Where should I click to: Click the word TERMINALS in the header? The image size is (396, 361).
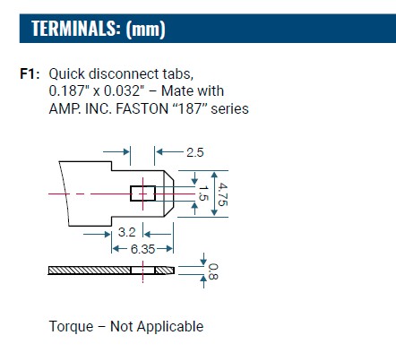click(x=73, y=29)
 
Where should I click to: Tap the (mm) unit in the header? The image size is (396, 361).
click(x=145, y=30)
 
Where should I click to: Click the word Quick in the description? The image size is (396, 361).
click(x=66, y=74)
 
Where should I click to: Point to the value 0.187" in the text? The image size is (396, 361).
click(x=69, y=91)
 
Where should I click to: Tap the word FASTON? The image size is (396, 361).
click(x=142, y=108)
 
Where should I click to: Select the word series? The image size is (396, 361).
click(x=229, y=108)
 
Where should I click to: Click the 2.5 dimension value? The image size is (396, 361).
click(x=195, y=152)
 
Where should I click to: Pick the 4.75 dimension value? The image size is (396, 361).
click(x=222, y=194)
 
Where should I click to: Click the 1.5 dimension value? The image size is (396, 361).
click(x=203, y=193)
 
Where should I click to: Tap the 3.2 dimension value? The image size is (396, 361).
click(x=126, y=232)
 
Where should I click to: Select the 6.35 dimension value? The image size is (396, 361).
click(x=142, y=249)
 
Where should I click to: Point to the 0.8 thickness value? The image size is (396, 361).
click(x=212, y=271)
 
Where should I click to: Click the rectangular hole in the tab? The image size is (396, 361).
click(x=142, y=193)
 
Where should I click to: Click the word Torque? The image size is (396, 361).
click(x=71, y=326)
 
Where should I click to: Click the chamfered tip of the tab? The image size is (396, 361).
click(x=169, y=193)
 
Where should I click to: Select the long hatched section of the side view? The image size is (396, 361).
click(x=90, y=271)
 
